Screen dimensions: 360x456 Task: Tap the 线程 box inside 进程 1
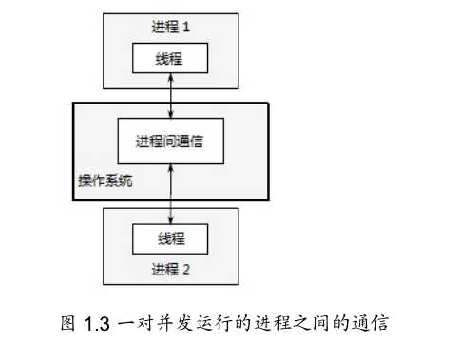(170, 60)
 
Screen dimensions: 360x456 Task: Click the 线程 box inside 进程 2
(170, 237)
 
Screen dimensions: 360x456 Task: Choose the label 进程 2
(170, 269)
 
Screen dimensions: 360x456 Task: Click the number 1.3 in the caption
(98, 322)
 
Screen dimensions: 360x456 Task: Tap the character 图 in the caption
(67, 322)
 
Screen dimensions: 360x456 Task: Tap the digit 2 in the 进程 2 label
(187, 269)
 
